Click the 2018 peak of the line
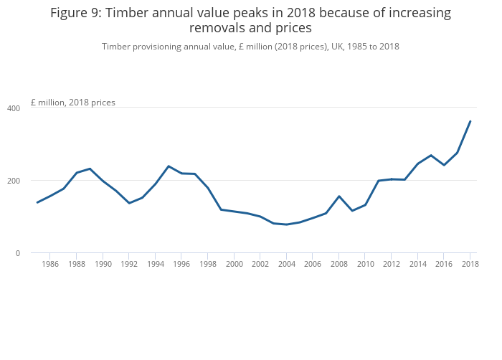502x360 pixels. coord(470,121)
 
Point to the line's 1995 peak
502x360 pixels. coord(169,166)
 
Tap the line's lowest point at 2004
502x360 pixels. coord(286,224)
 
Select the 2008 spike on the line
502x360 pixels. coord(338,196)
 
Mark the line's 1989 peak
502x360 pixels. coord(90,169)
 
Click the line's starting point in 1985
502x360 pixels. coord(37,202)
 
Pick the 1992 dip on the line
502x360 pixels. coord(129,203)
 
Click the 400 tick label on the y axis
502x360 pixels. coord(14,108)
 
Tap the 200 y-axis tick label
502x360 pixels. coord(14,180)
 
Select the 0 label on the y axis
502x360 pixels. coord(19,253)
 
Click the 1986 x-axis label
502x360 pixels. coord(50,264)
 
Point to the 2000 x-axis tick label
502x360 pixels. coord(234,264)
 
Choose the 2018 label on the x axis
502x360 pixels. coord(470,264)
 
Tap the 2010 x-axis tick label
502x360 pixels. coord(365,264)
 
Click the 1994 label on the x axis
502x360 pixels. coord(155,264)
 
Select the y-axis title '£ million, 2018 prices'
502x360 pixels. coord(73,103)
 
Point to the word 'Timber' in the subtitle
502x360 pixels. coord(117,47)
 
